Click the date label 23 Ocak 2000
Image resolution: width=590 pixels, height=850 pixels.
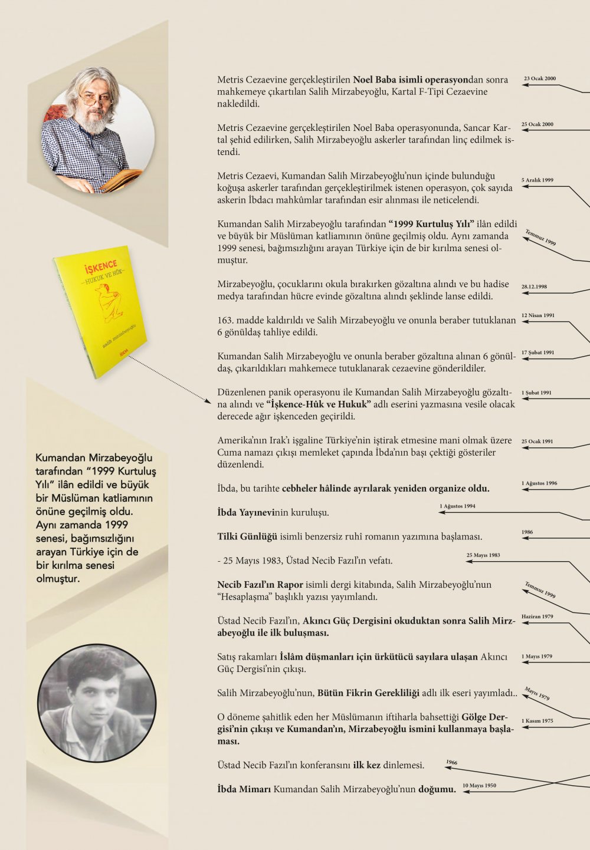click(x=540, y=78)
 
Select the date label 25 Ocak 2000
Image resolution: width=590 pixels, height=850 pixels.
click(x=537, y=124)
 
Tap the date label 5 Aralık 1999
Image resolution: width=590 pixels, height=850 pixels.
click(x=537, y=180)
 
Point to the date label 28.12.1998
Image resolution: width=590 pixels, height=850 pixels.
click(x=534, y=286)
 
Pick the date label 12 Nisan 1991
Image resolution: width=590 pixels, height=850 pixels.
click(x=538, y=315)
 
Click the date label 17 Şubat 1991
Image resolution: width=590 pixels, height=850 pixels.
click(x=537, y=352)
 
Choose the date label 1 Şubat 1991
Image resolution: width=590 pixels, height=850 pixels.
click(x=536, y=393)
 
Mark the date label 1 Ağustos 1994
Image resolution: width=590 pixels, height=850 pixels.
click(x=457, y=506)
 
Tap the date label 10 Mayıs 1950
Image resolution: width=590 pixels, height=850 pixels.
click(x=479, y=785)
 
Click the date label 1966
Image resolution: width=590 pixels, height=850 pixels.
click(x=451, y=762)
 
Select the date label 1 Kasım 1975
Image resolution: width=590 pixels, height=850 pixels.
click(x=537, y=721)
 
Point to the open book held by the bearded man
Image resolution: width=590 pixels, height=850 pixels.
click(x=121, y=179)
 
